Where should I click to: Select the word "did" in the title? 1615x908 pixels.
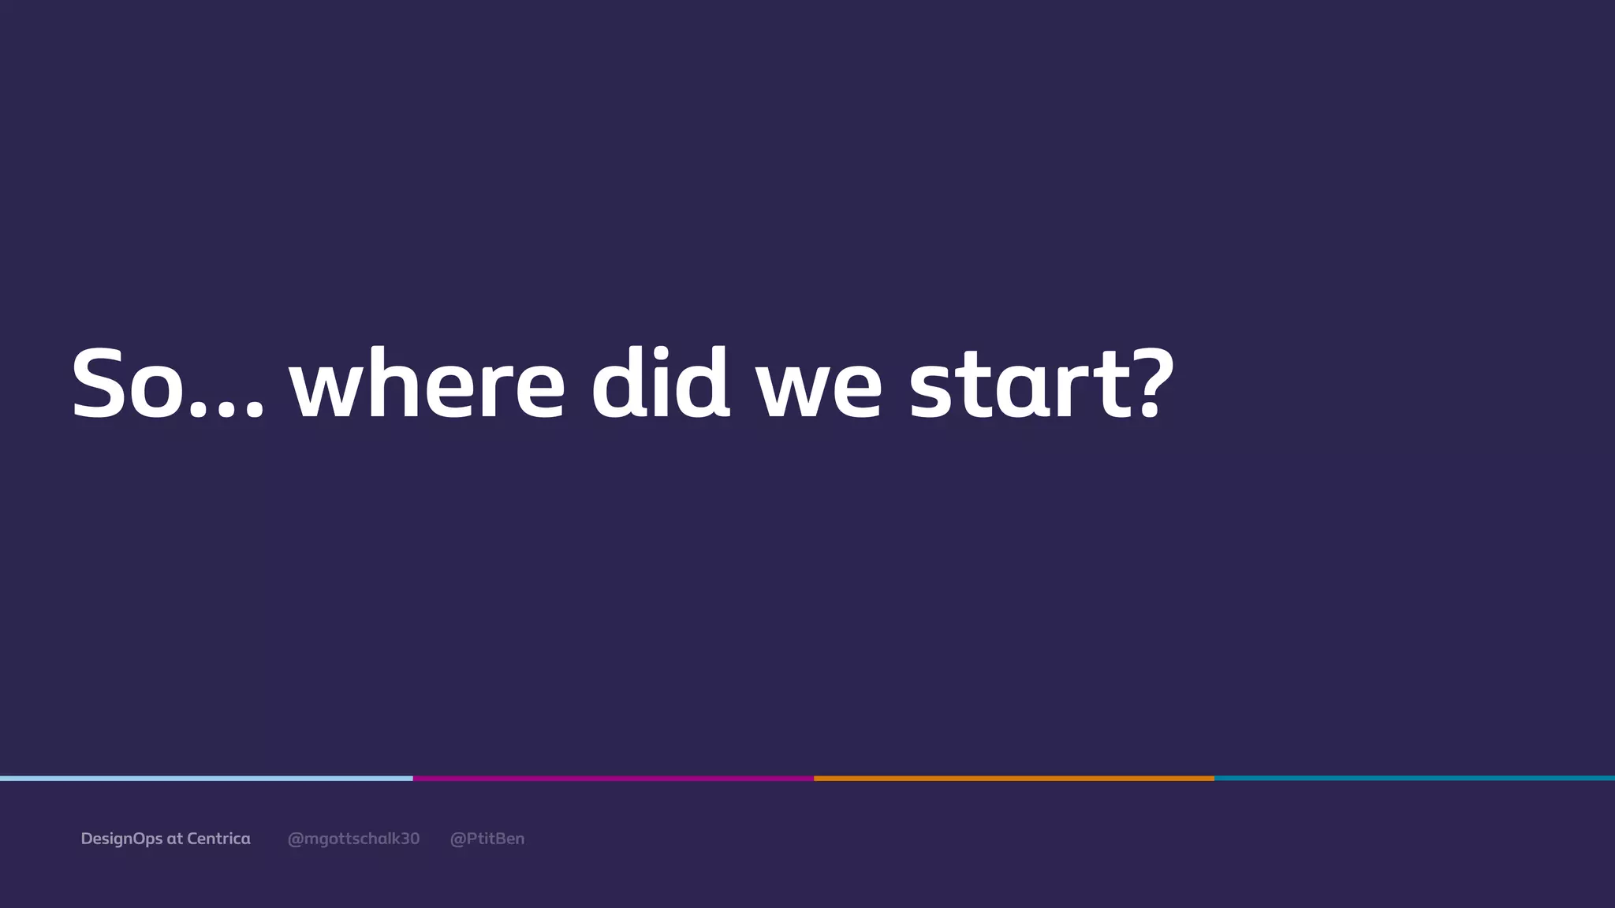pyautogui.click(x=660, y=384)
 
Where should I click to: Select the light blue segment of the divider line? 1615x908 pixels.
pyautogui.click(x=206, y=779)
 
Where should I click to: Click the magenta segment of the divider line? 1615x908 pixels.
pyautogui.click(x=613, y=779)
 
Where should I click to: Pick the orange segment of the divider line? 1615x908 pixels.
pyautogui.click(x=1013, y=779)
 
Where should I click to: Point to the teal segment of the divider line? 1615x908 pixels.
pyautogui.click(x=1414, y=779)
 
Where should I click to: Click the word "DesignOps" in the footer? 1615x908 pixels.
pyautogui.click(x=121, y=839)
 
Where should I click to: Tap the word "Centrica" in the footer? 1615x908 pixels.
pyautogui.click(x=218, y=839)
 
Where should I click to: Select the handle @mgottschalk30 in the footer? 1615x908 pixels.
pyautogui.click(x=353, y=839)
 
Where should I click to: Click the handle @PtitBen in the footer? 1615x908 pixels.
pyautogui.click(x=487, y=839)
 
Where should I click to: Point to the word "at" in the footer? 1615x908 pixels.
pyautogui.click(x=174, y=839)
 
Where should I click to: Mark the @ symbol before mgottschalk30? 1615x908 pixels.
pyautogui.click(x=296, y=839)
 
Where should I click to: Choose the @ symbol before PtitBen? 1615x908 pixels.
pyautogui.click(x=457, y=839)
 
